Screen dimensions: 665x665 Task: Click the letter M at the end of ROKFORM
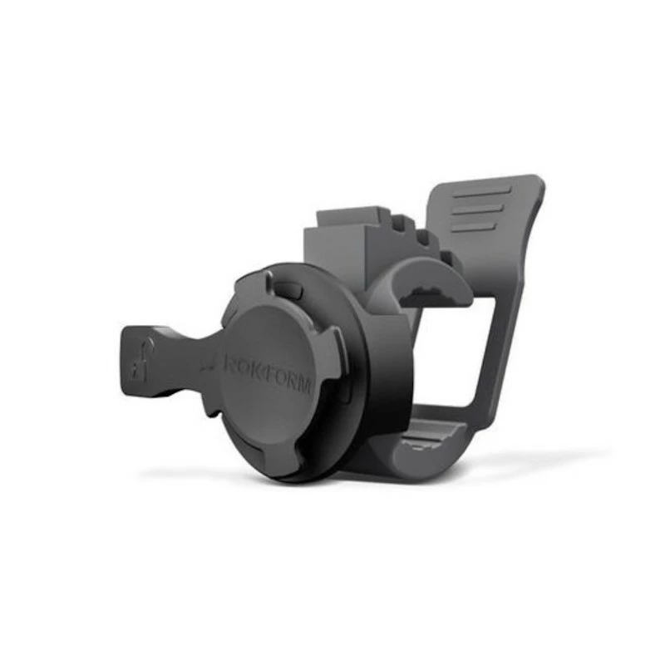(305, 385)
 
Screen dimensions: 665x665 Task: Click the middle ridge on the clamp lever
(477, 209)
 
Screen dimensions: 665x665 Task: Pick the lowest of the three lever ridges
(473, 225)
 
